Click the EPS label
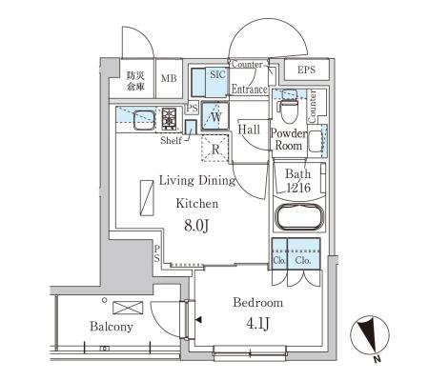[x=306, y=70]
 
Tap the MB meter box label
[x=169, y=78]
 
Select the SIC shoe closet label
[x=217, y=74]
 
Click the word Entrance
[x=249, y=90]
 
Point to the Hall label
[x=249, y=130]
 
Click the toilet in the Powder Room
[x=288, y=108]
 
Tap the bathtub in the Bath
[x=298, y=217]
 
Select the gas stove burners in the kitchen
[x=169, y=118]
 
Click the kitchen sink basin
[x=143, y=120]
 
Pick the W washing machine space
[x=215, y=115]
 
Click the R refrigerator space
[x=215, y=149]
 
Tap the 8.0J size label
[x=196, y=226]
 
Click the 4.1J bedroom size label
[x=258, y=324]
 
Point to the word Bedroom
[x=258, y=302]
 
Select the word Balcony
[x=112, y=327]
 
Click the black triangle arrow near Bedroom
[x=198, y=320]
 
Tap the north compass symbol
[x=370, y=336]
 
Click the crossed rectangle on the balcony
[x=128, y=308]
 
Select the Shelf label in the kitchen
[x=172, y=140]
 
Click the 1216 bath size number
[x=298, y=188]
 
